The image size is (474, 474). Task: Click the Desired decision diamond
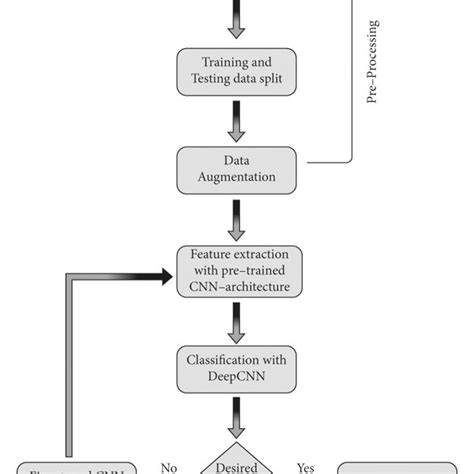click(x=237, y=460)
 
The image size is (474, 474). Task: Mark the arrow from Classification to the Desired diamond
click(x=237, y=413)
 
